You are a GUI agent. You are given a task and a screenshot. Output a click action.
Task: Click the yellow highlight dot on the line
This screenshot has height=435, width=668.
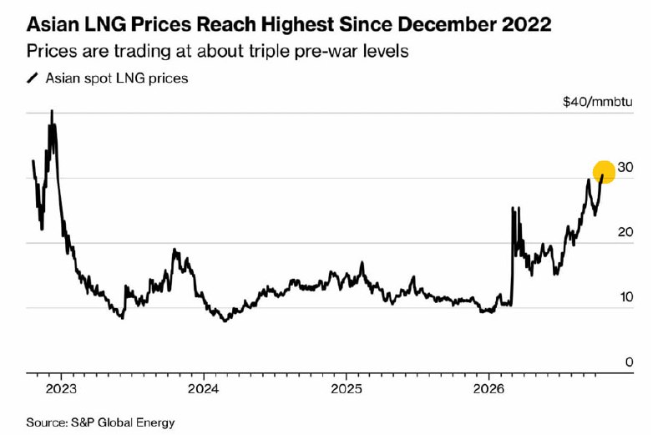604,172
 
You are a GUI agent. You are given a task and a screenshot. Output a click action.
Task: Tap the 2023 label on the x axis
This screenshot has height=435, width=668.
61,389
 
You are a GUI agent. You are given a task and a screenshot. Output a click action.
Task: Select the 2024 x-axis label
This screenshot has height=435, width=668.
204,389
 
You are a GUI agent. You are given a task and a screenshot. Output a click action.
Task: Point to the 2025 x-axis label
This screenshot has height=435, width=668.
346,389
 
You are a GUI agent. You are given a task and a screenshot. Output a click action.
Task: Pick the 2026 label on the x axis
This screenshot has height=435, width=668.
488,389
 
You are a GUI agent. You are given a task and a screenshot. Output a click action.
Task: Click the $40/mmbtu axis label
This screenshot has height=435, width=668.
598,102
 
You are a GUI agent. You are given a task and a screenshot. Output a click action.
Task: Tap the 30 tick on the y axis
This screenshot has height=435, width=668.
625,168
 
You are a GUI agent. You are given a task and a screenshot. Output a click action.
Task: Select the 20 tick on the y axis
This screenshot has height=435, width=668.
625,232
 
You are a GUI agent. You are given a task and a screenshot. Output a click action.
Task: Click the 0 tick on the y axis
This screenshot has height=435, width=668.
630,362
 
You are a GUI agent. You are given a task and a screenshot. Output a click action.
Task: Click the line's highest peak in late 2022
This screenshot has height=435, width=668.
52,110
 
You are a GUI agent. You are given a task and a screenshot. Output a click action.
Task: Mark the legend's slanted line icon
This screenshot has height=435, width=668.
33,78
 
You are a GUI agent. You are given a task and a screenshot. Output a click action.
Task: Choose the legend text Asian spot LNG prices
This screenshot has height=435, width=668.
117,78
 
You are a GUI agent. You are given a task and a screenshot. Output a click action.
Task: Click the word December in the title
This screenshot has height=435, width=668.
448,25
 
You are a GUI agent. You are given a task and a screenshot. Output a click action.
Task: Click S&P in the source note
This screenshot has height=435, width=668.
83,422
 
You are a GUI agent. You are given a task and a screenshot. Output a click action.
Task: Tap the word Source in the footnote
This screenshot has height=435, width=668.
47,422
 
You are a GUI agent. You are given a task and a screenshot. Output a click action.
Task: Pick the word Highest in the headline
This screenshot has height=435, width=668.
297,25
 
